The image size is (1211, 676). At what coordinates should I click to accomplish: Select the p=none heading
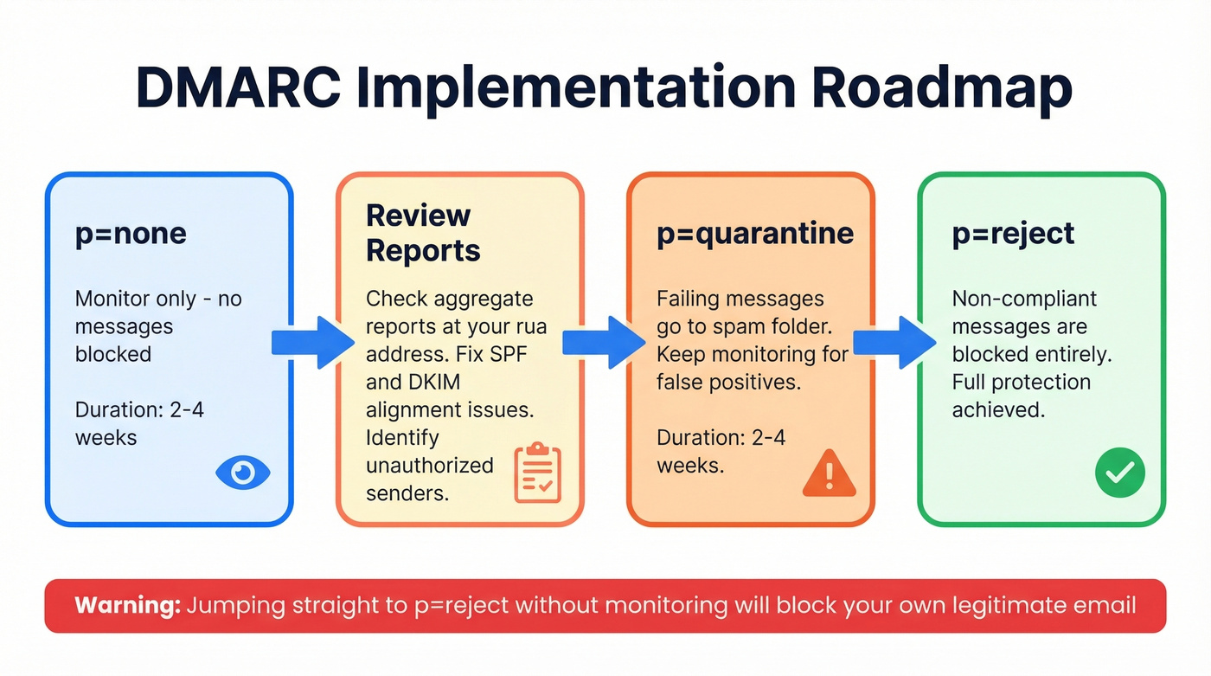click(131, 234)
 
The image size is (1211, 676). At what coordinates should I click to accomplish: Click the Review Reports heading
click(423, 233)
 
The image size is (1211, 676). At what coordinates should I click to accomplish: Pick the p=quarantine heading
click(755, 233)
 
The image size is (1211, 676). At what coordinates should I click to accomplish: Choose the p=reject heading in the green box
click(1013, 233)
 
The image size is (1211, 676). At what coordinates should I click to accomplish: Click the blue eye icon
click(243, 473)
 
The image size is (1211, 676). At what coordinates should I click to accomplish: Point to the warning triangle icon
click(829, 473)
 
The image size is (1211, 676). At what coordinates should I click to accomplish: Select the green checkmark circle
click(1119, 473)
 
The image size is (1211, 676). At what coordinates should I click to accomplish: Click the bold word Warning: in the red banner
click(128, 605)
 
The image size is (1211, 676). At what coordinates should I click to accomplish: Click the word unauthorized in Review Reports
click(429, 465)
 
